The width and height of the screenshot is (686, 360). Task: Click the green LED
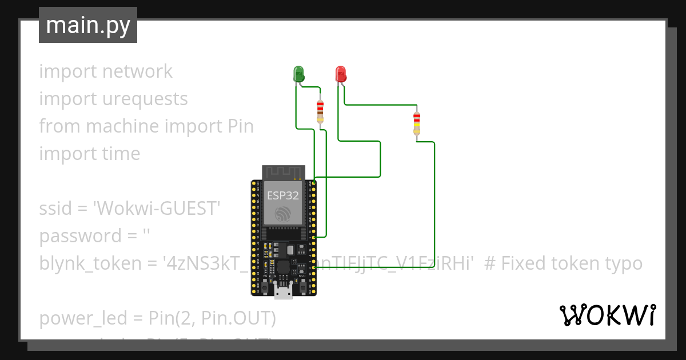coord(298,74)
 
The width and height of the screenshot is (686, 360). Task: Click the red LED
coord(340,74)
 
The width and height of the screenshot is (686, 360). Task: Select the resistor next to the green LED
coord(320,110)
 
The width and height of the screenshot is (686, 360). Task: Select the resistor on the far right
coord(417,123)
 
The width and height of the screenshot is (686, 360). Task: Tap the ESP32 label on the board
coord(282,195)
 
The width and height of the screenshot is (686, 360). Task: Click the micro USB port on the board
coord(282,293)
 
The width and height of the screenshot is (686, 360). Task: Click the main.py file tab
coord(87,25)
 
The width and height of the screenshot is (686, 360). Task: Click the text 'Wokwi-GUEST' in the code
coord(157,208)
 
